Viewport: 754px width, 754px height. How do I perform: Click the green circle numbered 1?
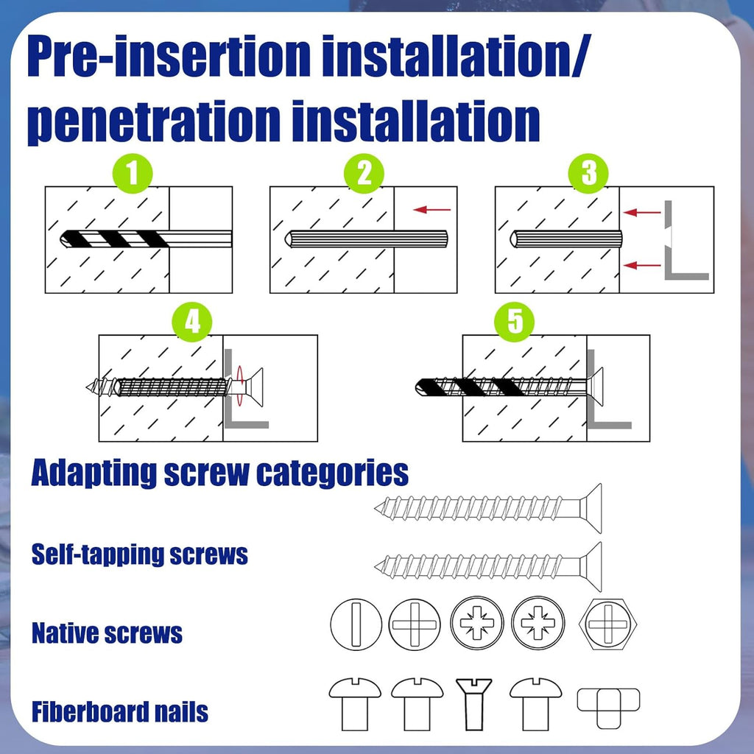[133, 175]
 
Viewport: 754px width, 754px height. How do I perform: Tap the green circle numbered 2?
[364, 175]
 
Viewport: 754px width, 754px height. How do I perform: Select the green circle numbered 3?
[588, 175]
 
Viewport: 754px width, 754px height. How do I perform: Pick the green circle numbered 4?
[191, 323]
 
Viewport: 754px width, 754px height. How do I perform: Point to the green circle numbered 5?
[515, 323]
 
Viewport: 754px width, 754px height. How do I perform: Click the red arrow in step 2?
[431, 210]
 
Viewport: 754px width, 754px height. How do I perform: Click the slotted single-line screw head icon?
[356, 624]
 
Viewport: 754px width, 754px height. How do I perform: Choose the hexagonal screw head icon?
[609, 624]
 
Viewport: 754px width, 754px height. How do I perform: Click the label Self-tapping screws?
[140, 554]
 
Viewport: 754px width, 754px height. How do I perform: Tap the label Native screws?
[107, 633]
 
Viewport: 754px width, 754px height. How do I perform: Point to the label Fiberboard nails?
[119, 712]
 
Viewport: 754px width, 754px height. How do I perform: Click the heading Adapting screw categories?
[219, 473]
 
